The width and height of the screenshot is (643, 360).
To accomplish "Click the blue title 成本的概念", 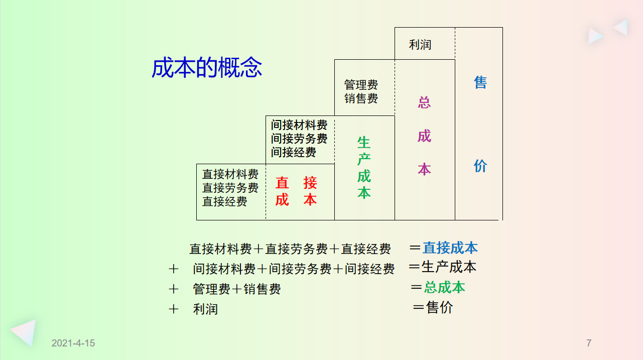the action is [x=207, y=68].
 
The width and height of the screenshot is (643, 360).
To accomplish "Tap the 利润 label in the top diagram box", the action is [x=420, y=45].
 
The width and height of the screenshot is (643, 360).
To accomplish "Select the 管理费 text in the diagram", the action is [x=361, y=85].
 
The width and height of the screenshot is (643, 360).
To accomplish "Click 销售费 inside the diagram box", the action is [x=361, y=98].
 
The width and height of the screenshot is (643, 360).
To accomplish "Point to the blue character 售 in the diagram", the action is [x=480, y=82].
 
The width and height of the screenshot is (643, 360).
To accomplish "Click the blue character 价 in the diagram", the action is [x=480, y=166].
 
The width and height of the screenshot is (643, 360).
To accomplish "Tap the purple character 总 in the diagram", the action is [x=424, y=102].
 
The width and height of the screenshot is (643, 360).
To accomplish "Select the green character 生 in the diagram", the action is [x=364, y=143].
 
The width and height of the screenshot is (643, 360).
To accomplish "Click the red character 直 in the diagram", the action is [x=282, y=183].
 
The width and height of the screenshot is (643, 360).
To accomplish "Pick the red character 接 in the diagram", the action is [x=310, y=183].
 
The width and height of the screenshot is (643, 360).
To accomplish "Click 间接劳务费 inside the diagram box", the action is [x=299, y=139].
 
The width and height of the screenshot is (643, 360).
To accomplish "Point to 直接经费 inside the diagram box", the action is [x=224, y=201].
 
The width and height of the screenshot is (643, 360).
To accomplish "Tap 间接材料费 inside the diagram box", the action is [x=299, y=125].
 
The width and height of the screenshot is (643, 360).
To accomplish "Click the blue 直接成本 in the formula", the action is [x=450, y=248].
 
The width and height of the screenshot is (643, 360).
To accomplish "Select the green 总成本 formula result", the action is [x=444, y=287].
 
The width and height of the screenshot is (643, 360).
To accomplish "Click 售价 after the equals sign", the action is [x=439, y=307].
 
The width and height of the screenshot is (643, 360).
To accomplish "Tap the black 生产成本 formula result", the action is [x=449, y=267].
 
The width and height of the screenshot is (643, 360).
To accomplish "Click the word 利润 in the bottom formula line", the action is [x=205, y=309].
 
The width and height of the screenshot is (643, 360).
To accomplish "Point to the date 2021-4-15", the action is [x=73, y=343].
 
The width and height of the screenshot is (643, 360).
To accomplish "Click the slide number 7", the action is [x=589, y=343].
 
